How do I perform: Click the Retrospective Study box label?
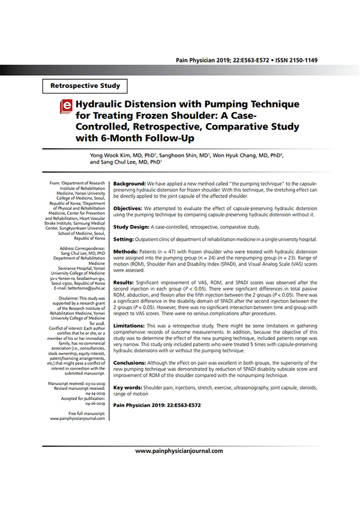pyautogui.click(x=85, y=86)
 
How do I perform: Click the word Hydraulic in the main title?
pyautogui.click(x=103, y=105)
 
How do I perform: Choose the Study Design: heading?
pyautogui.click(x=131, y=227)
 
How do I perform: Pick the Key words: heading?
pyautogui.click(x=128, y=388)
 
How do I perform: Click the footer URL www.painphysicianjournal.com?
pyautogui.click(x=179, y=451)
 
